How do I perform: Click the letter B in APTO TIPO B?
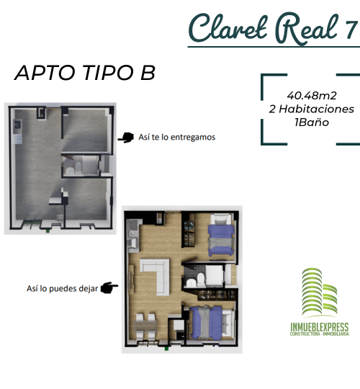[148, 73]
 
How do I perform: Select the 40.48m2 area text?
[312, 96]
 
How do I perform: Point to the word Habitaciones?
[316, 109]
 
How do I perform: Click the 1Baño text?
[312, 122]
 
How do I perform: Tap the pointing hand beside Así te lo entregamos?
[126, 138]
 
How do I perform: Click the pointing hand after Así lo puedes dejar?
[109, 287]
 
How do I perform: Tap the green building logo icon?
[320, 292]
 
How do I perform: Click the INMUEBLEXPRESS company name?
[320, 327]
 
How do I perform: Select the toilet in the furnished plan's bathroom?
[200, 278]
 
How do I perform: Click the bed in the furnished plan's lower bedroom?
[212, 323]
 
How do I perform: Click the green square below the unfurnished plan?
[48, 231]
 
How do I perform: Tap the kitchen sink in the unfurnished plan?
[17, 124]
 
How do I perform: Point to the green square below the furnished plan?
[166, 349]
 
